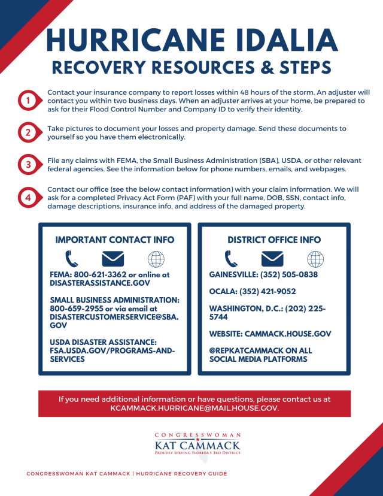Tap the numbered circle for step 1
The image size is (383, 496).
tap(28, 101)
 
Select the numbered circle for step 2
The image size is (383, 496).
tap(28, 132)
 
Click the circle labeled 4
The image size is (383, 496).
tap(28, 197)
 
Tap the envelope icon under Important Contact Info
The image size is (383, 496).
tap(113, 259)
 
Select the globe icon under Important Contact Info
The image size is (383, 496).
tap(156, 259)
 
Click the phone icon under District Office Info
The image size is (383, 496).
tap(231, 259)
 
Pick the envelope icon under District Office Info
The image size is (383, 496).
tap(272, 259)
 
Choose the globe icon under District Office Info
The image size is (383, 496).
tap(315, 259)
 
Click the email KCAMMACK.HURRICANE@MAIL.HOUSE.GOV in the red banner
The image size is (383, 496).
tap(194, 407)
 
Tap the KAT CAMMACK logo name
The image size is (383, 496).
tap(197, 445)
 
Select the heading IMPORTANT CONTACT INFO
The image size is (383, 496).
tap(115, 240)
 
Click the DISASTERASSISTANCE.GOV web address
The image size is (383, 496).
tap(100, 283)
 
